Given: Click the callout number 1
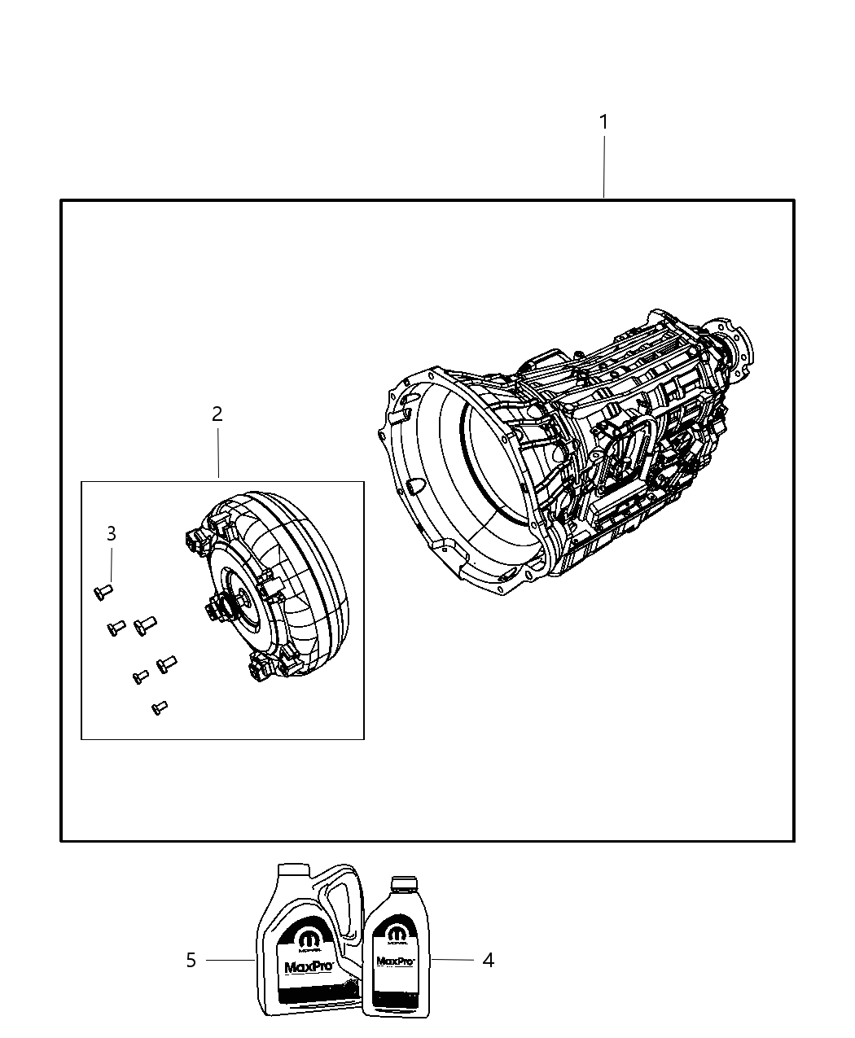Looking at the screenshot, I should pyautogui.click(x=603, y=122).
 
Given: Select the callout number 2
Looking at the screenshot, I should pyautogui.click(x=217, y=414).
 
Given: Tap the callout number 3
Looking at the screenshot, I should pyautogui.click(x=112, y=534).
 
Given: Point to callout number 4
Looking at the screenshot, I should pyautogui.click(x=488, y=961).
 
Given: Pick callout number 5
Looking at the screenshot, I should pyautogui.click(x=191, y=961).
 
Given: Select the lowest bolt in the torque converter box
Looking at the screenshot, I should pyautogui.click(x=160, y=708).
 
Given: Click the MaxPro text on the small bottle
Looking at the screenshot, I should pyautogui.click(x=396, y=961).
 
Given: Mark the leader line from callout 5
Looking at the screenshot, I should pyautogui.click(x=230, y=960).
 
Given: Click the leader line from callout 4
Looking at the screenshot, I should pyautogui.click(x=452, y=960).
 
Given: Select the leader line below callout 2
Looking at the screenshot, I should pyautogui.click(x=217, y=453).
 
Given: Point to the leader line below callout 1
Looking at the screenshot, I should pyautogui.click(x=603, y=167).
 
